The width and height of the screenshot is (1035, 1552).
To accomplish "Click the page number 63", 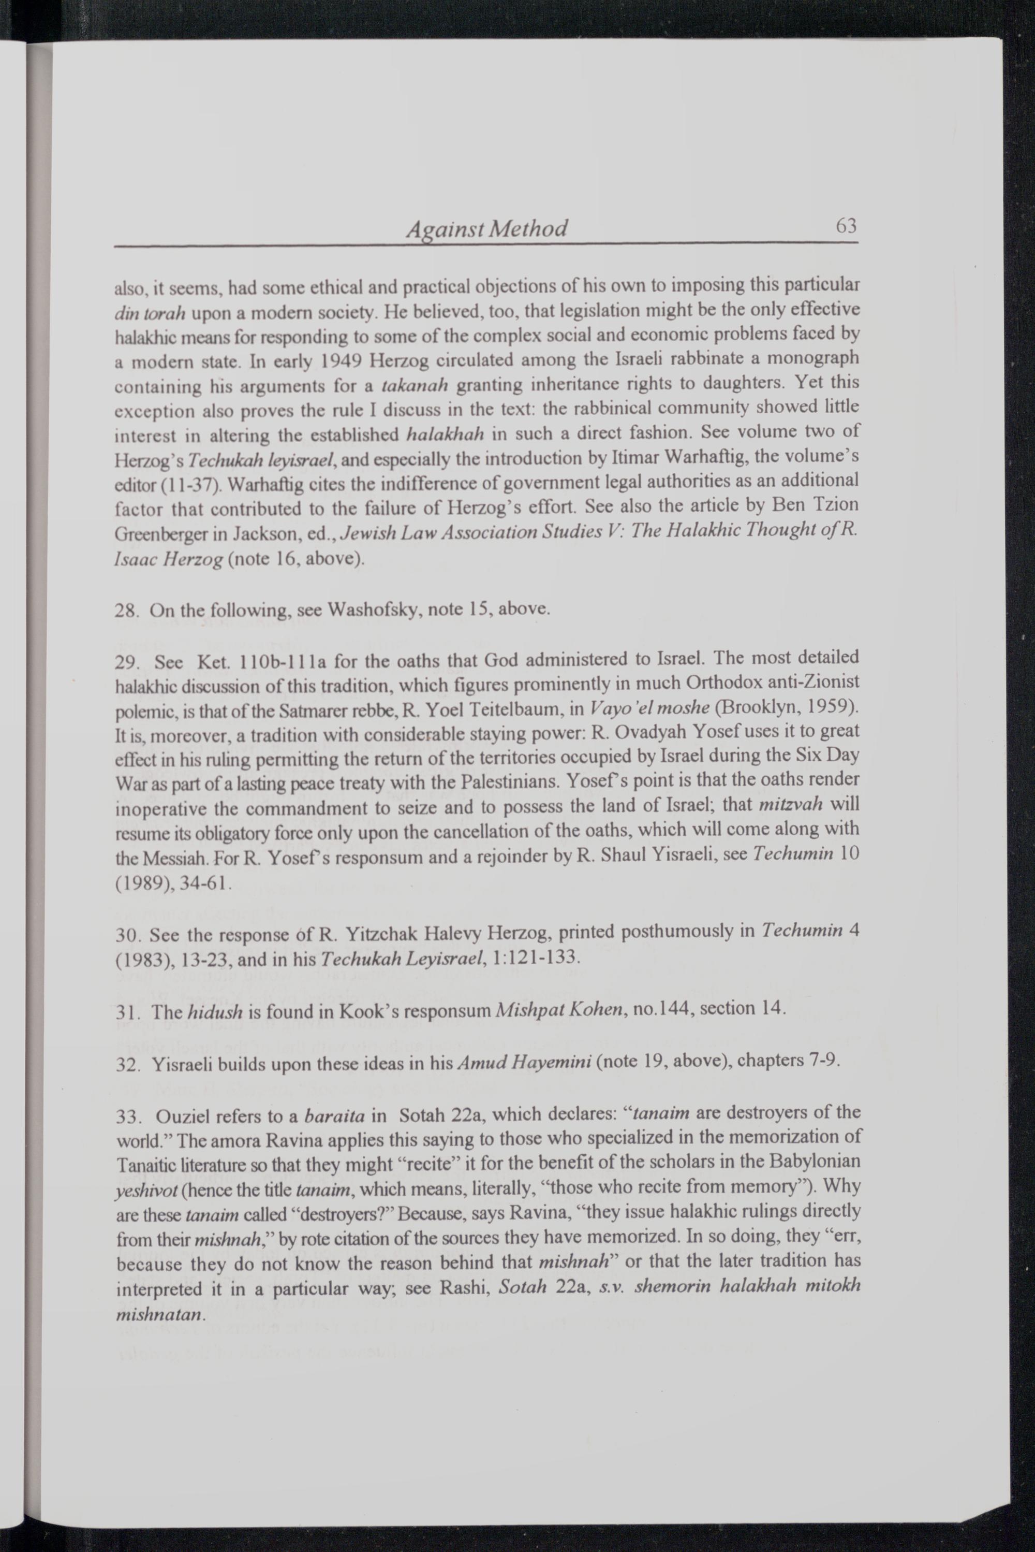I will pos(846,226).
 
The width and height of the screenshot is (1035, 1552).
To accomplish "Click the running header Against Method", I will pos(486,228).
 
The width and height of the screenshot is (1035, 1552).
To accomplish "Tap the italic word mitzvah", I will pos(790,805).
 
